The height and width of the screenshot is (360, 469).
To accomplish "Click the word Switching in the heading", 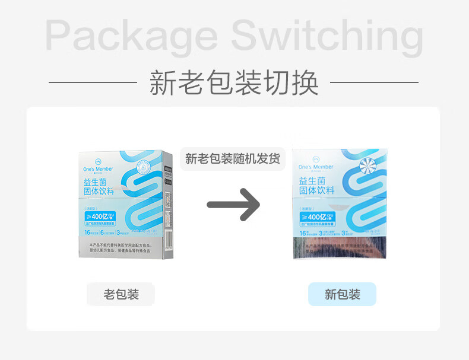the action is tap(327, 36).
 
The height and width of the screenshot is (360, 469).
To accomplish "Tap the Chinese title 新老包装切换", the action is tap(234, 82).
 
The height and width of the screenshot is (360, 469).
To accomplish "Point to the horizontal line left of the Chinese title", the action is tap(93, 82).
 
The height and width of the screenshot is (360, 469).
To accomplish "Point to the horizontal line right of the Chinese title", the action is tap(374, 82).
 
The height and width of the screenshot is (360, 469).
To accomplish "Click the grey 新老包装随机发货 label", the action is tap(233, 159).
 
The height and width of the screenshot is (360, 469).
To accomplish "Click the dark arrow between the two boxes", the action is tap(233, 205).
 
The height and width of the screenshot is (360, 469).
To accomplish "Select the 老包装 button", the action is tap(121, 294).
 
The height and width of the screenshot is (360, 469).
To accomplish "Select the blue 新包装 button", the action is tap(342, 294).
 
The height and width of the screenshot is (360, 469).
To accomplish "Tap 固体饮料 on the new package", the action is tap(317, 190).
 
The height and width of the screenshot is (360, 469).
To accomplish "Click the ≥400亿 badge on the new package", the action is tap(318, 218).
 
